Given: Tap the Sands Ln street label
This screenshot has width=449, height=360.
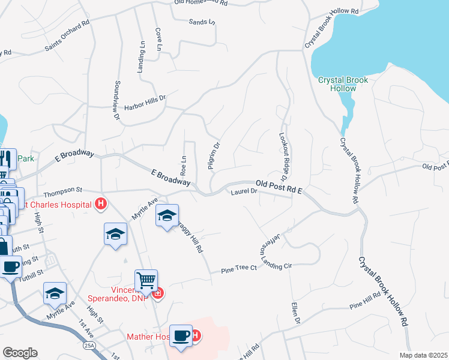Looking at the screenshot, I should pyautogui.click(x=202, y=22).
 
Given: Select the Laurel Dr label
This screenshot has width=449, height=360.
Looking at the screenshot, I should pyautogui.click(x=244, y=192).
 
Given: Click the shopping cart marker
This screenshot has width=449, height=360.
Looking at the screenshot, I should pyautogui.click(x=146, y=280).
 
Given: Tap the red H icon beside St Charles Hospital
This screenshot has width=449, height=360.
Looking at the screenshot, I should pyautogui.click(x=101, y=204).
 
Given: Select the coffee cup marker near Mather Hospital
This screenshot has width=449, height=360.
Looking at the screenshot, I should pyautogui.click(x=181, y=335).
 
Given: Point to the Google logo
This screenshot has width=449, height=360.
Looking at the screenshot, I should pyautogui.click(x=20, y=353).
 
